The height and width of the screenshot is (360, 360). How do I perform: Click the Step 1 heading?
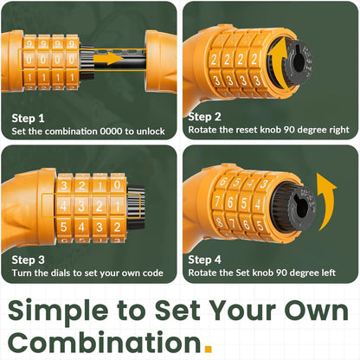click(x=28, y=119)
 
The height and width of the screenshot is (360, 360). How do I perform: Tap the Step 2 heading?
click(x=204, y=117)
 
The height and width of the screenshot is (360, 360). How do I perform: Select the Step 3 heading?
click(x=28, y=260)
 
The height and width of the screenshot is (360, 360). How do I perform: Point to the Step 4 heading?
click(x=204, y=260)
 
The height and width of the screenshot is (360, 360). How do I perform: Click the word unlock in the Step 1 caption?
click(x=151, y=132)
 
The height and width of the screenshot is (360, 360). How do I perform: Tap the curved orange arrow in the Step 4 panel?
click(x=326, y=201)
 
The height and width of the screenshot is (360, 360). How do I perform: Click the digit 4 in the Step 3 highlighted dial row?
click(x=64, y=206)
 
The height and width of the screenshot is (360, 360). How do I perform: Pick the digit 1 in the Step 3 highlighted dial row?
click(x=117, y=207)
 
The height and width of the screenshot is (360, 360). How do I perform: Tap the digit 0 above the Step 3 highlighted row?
click(x=117, y=184)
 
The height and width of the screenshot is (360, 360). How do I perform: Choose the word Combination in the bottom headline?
click(x=105, y=342)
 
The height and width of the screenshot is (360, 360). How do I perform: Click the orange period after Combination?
click(x=208, y=349)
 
